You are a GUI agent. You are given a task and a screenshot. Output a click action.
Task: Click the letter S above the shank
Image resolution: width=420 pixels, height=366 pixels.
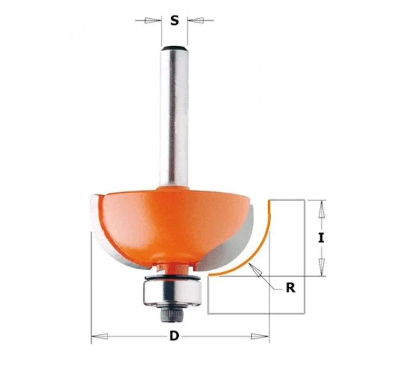coord(174,20)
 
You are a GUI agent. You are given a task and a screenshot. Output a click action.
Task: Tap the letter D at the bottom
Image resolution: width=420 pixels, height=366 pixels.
coord(174,335)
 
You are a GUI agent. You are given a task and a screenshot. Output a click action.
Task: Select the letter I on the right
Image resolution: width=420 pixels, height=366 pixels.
coord(321,238)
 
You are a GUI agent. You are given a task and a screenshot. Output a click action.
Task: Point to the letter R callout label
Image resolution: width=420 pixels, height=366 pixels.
coord(291,288)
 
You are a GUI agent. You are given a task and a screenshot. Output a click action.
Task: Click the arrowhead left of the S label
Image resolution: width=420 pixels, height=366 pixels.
coord(151,20)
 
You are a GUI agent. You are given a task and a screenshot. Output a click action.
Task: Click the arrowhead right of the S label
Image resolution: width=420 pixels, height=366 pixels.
coord(196,20)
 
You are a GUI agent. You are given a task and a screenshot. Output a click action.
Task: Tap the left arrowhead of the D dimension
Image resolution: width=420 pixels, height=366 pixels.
coord(100,336)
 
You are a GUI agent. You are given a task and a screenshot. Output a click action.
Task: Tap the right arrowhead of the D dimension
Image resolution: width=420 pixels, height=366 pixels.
coord(260,336)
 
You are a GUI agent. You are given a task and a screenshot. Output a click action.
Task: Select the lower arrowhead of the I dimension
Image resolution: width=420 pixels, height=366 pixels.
coord(321,267)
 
